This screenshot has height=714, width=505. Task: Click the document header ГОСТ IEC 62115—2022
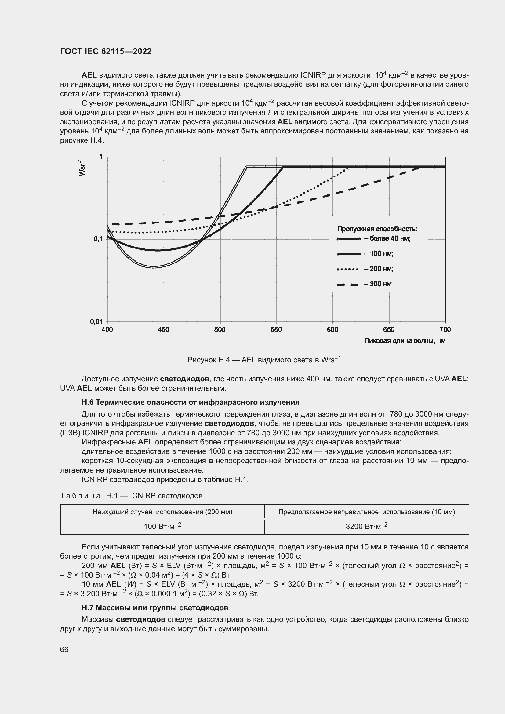point(106,51)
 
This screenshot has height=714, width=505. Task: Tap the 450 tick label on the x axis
point(163,330)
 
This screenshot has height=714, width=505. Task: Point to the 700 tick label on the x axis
point(445,330)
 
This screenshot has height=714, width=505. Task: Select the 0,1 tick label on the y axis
point(98,239)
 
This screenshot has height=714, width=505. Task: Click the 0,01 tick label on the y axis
point(97,321)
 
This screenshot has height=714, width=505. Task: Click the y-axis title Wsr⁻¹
point(82,168)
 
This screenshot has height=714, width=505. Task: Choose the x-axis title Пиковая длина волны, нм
point(405,341)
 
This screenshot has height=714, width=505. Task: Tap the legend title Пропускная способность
point(377,229)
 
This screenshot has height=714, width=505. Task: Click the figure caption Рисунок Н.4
point(264,360)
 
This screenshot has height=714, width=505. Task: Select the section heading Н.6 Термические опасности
point(190,402)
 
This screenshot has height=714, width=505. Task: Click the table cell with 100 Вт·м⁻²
point(162,527)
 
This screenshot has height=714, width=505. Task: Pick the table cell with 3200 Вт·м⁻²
point(367,527)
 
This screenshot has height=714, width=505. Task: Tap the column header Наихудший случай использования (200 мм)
point(162,512)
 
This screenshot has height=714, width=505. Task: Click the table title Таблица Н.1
point(131,496)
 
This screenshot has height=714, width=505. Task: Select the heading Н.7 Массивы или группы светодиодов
point(155,608)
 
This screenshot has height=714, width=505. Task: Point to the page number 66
point(64,650)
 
